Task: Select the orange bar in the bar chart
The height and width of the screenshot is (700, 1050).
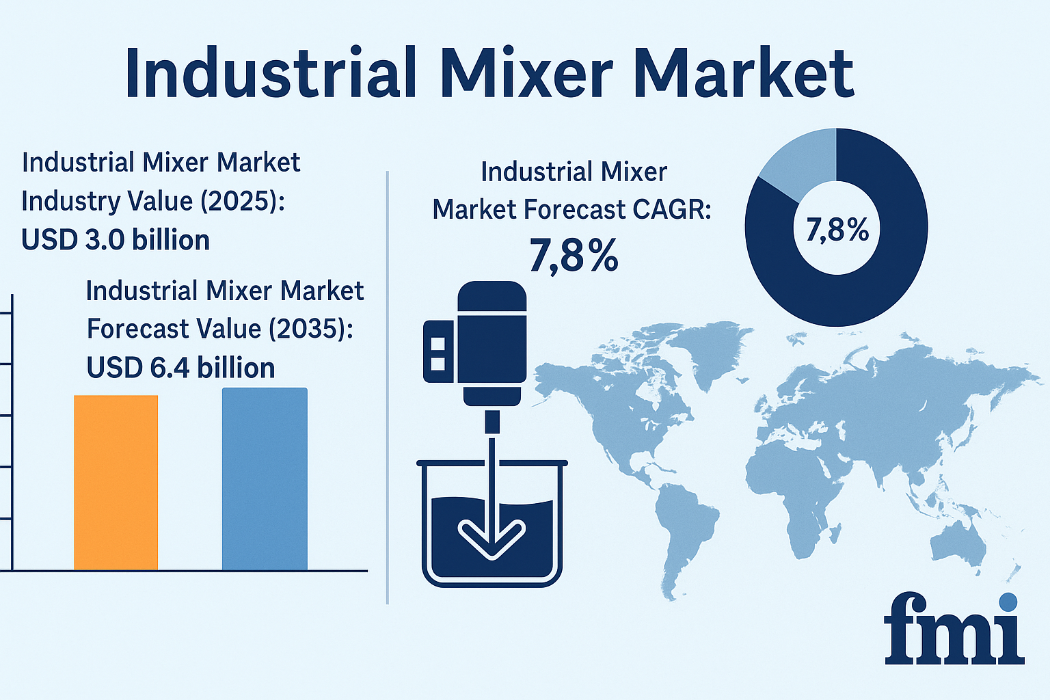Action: click(116, 483)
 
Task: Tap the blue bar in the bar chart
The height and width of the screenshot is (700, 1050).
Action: click(265, 479)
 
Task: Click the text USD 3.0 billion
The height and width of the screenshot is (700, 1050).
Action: click(116, 239)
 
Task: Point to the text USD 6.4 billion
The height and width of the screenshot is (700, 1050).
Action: click(180, 367)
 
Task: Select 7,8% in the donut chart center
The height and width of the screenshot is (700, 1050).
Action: click(837, 230)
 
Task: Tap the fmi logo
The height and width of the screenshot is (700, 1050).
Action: click(954, 629)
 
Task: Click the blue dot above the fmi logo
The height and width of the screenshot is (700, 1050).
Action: click(1008, 602)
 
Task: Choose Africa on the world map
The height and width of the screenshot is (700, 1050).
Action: click(797, 492)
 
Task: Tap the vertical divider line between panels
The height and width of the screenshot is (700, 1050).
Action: click(388, 388)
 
